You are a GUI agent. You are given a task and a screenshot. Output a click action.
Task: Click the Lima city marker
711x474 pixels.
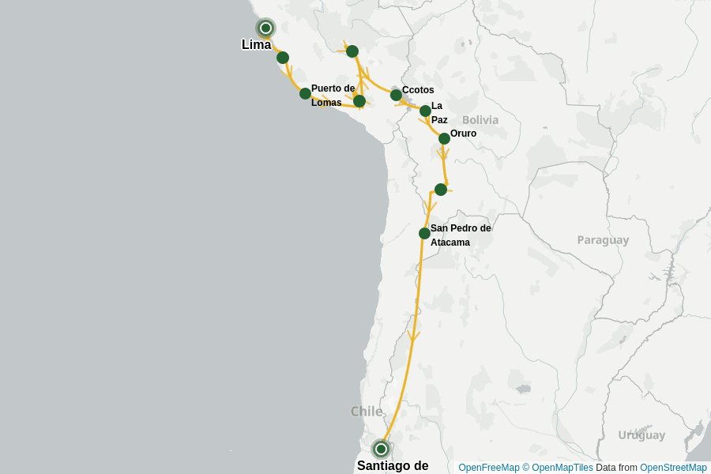266,28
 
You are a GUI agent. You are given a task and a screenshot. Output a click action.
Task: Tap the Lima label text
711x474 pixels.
256,45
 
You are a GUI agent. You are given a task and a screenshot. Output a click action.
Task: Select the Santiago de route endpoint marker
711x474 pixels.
381,449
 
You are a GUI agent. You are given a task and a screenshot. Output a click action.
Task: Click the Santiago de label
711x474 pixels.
393,465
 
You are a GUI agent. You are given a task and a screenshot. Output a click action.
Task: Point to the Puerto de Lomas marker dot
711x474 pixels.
305,93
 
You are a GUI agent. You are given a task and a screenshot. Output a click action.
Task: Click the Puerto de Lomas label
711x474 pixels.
332,96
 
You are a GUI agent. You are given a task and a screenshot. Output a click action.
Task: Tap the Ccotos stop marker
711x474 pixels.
396,95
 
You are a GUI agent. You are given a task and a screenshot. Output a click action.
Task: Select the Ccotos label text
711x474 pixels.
418,90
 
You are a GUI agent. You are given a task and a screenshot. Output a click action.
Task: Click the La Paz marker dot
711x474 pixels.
425,111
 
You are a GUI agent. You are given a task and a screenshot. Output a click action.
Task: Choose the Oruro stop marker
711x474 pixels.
444,138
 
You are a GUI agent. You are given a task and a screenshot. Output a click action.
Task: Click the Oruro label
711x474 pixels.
463,134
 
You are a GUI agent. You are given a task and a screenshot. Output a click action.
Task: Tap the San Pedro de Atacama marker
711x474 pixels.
424,233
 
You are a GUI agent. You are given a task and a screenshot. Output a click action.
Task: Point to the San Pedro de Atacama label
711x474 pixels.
460,235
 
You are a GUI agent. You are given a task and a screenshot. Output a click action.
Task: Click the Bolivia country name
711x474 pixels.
480,120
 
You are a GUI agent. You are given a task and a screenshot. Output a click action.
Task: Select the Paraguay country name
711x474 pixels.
603,240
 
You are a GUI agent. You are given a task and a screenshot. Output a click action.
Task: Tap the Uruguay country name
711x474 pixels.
641,435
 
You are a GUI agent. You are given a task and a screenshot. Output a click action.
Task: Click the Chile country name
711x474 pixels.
367,412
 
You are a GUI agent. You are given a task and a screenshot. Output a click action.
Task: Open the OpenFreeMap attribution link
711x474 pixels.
489,468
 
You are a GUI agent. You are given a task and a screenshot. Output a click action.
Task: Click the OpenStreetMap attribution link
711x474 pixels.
673,468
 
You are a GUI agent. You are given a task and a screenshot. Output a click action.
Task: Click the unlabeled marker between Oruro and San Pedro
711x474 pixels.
441,190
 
